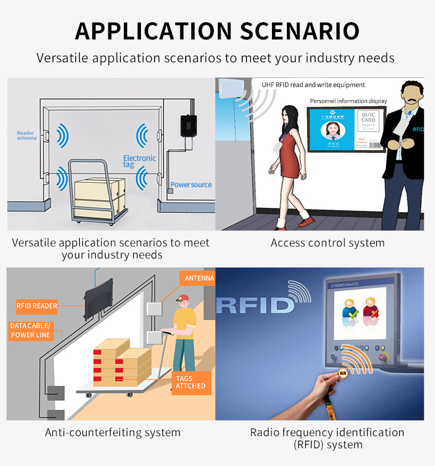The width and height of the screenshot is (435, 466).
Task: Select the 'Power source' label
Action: point(191,185)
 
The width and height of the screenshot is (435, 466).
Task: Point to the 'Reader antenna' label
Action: point(26,135)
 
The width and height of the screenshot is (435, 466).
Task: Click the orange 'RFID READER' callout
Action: point(36,306)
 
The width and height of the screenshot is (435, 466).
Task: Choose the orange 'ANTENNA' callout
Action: point(198,278)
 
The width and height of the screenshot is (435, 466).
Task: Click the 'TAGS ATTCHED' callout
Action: point(191,382)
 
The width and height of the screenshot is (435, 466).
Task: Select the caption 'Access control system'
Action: point(327,243)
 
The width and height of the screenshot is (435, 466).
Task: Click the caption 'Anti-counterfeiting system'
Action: point(113,432)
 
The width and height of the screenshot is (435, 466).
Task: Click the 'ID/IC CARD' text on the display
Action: point(368,117)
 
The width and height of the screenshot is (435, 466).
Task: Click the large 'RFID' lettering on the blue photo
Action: point(254,304)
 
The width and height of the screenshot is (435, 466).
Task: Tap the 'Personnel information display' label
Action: point(348,101)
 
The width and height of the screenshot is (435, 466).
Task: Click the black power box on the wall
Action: point(188,125)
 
